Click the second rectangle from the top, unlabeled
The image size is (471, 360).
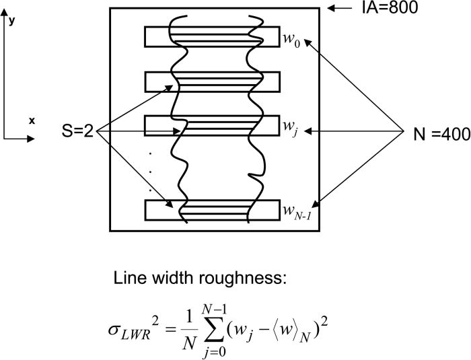click(211, 81)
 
